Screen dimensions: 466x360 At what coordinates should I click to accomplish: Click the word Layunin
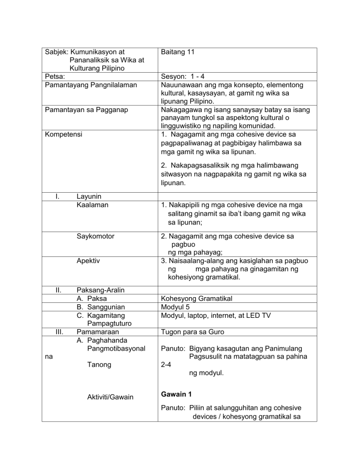pos(90,196)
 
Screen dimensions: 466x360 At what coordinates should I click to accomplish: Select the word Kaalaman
pos(92,205)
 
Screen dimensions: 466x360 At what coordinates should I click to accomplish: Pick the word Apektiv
pos(89,261)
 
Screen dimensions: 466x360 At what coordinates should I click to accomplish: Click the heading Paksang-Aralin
pos(100,290)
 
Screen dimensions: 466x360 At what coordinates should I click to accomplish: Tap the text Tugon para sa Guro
pos(192,332)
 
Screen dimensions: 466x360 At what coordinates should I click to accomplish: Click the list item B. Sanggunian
pos(100,307)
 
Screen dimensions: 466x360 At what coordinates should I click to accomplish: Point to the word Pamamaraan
pos(98,332)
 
